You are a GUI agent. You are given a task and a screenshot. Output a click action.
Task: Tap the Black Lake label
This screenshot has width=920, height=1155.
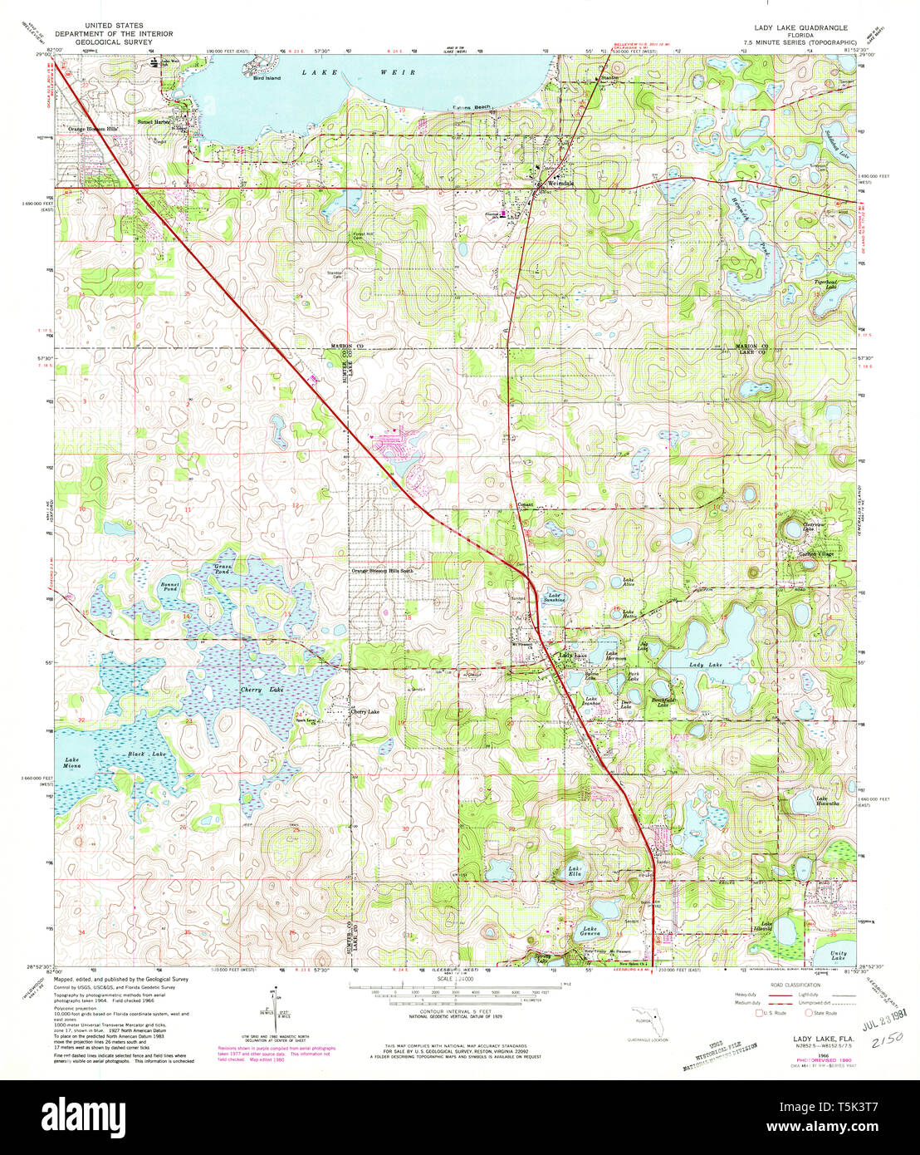point(147,754)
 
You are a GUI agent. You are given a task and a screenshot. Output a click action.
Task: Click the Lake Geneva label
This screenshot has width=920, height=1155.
point(591,931)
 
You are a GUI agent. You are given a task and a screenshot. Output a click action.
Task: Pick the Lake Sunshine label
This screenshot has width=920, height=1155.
point(555,597)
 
